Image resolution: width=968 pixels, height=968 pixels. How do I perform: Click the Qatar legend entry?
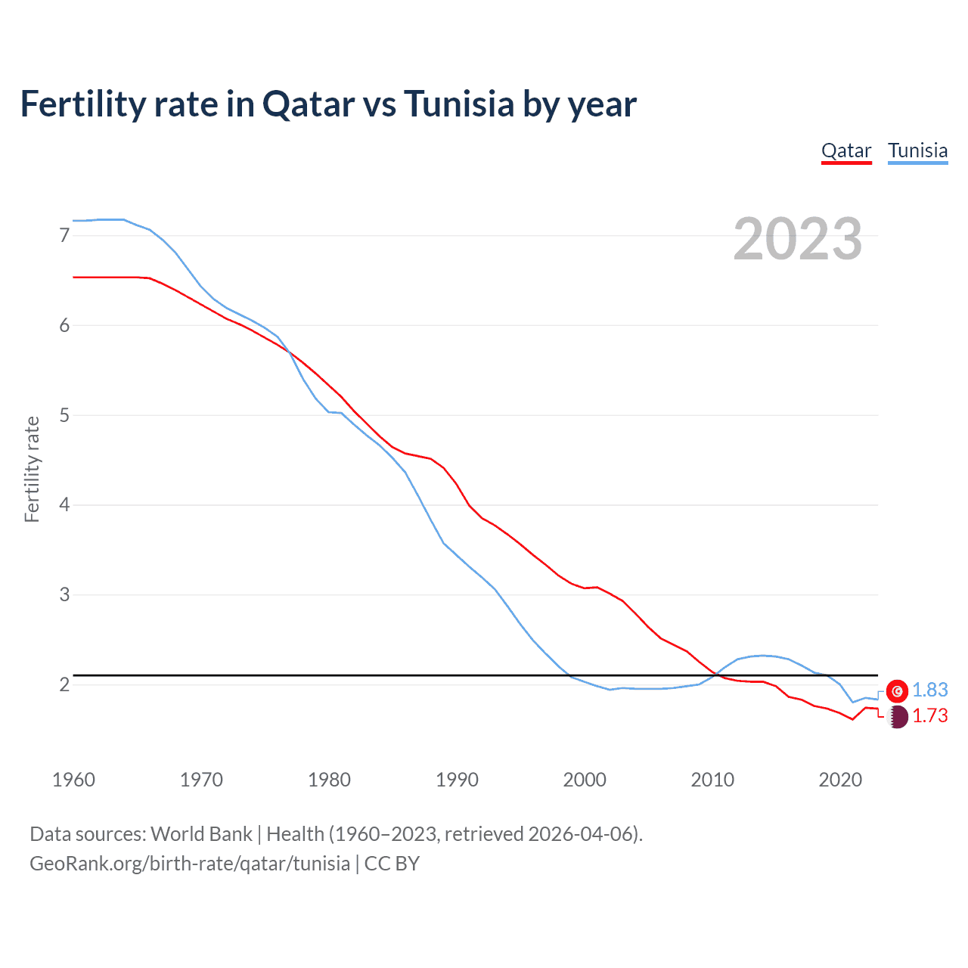(846, 150)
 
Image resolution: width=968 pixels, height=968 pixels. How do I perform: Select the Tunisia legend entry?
(917, 150)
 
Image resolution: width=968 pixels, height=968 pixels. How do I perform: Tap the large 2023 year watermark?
(797, 239)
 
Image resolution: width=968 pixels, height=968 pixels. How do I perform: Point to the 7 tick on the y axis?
(64, 235)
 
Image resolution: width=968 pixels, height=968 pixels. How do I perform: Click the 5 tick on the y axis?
(64, 415)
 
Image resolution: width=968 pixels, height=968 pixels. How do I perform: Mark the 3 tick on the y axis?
(64, 594)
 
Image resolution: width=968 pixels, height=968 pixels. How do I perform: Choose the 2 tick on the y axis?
(64, 684)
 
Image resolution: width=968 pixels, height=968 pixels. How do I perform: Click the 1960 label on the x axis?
(73, 780)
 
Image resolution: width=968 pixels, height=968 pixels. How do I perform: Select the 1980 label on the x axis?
(329, 780)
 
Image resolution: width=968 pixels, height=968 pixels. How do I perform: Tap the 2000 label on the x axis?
(585, 780)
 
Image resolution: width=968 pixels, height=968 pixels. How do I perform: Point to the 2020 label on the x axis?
(840, 780)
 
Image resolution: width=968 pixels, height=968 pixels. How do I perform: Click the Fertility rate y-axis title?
(32, 469)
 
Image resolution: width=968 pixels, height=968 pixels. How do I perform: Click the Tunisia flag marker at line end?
(897, 690)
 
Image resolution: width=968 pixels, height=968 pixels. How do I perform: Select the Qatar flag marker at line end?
(897, 716)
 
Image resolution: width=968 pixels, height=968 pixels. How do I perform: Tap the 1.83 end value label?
(929, 690)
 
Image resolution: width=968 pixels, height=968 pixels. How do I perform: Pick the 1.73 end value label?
(929, 715)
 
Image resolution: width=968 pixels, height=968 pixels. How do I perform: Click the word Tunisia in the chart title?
(459, 104)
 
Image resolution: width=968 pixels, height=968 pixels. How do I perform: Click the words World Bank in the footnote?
(201, 833)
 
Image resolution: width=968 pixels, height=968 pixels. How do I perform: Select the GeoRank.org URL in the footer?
(190, 863)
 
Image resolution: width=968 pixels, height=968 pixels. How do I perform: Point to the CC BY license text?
(392, 863)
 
